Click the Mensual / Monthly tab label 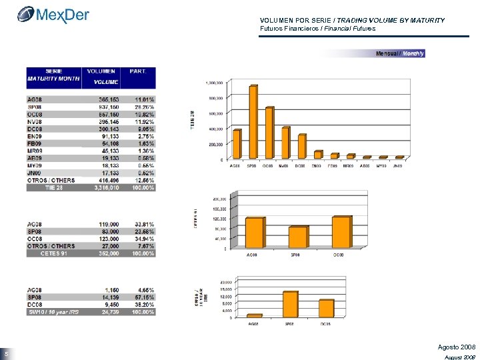click(x=400, y=53)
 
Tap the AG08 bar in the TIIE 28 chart click(x=237, y=145)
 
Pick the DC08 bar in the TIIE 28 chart click(x=302, y=147)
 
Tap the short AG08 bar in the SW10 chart click(x=255, y=316)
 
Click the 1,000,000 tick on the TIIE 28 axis click(x=214, y=83)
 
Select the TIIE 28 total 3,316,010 click(x=107, y=189)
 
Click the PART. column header click(x=138, y=71)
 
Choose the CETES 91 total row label click(x=53, y=253)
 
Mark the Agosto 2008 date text click(x=456, y=348)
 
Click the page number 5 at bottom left click(x=5, y=353)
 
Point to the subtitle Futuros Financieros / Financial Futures click(x=317, y=29)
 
